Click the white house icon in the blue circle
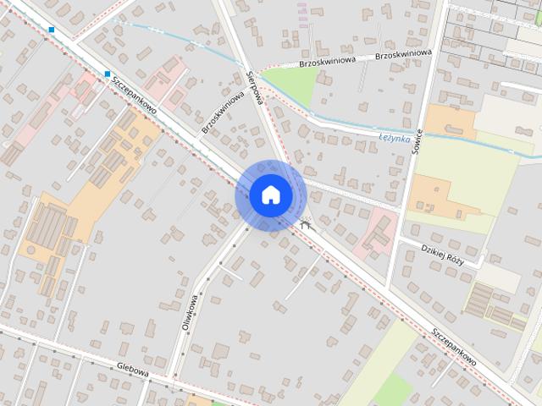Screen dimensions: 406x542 (x=270, y=195)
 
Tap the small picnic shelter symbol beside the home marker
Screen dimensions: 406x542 (x=306, y=224)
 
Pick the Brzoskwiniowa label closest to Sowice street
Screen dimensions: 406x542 (x=402, y=54)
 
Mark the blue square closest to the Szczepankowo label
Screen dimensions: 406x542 (x=108, y=74)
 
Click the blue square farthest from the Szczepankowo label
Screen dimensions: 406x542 (x=52, y=30)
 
